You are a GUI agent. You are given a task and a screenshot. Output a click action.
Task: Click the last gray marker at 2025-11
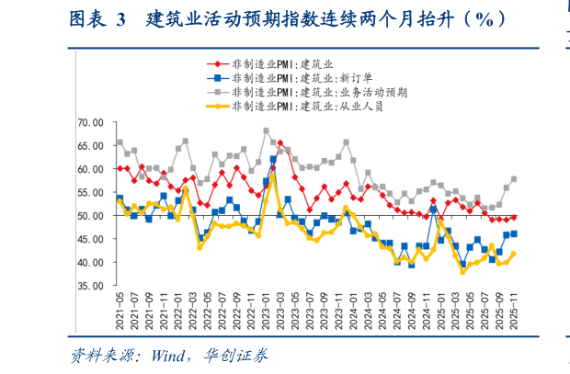(513, 179)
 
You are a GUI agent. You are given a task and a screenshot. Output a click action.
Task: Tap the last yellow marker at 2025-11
(513, 254)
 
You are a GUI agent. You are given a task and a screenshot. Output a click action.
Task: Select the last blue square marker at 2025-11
(513, 234)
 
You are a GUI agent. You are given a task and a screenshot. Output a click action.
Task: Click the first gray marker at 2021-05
(120, 142)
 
